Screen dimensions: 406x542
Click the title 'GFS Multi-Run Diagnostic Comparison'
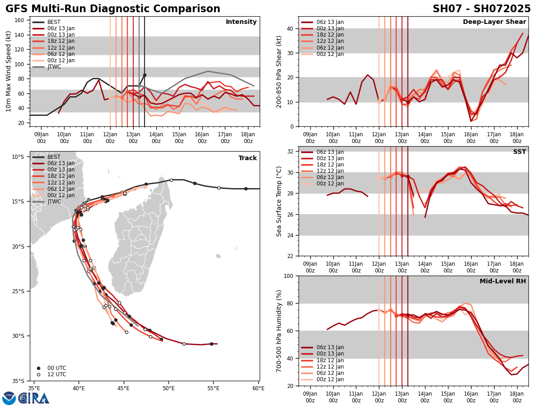point(113,9)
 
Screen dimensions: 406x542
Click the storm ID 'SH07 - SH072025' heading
point(481,9)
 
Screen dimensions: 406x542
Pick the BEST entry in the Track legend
point(54,157)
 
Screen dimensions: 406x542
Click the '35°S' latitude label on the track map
point(18,381)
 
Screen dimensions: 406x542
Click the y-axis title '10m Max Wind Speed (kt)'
point(9,71)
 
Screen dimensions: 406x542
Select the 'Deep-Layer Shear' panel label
point(494,22)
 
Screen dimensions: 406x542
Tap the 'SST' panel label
point(519,152)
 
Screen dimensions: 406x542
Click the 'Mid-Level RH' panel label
point(503,281)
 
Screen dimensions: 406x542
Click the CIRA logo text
point(34,398)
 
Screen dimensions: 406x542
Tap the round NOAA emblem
point(9,398)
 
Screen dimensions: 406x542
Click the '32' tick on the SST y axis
point(290,151)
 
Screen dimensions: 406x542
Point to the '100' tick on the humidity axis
point(289,276)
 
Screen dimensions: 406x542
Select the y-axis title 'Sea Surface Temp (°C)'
point(280,201)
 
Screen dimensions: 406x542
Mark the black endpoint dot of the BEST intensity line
point(145,75)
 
